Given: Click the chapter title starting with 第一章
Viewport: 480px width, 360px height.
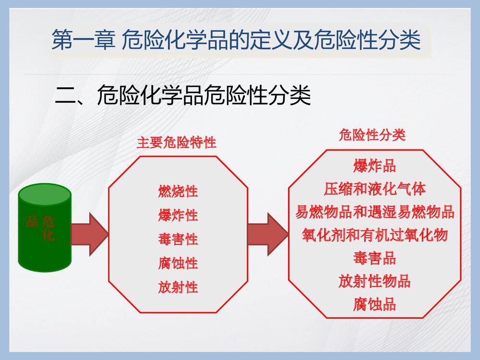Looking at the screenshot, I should tap(236, 40).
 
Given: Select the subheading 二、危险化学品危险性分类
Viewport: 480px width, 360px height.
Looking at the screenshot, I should tap(183, 95).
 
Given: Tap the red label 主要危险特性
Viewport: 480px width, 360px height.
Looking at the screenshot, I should tap(177, 143).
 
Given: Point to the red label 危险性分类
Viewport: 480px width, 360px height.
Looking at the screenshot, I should tap(372, 135).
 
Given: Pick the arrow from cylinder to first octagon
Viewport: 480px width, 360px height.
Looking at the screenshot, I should tap(90, 234).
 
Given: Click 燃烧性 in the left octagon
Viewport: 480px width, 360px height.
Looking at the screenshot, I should tap(178, 192).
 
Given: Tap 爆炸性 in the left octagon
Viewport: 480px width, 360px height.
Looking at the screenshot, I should tap(178, 215).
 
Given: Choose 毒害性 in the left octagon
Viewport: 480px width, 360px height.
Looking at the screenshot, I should tap(178, 239).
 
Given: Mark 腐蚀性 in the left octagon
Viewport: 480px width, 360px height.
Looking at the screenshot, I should tap(178, 263).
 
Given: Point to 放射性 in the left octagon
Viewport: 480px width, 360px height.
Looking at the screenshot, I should tap(178, 287).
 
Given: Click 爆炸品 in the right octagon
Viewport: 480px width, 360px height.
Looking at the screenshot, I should tap(374, 166).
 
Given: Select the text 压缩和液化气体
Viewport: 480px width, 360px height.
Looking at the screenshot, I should tap(374, 189).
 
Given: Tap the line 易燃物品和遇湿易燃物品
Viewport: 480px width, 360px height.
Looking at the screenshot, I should tap(374, 212).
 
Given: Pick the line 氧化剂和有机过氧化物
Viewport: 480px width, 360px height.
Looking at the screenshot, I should tap(374, 235).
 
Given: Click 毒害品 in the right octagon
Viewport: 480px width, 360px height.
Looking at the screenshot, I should tap(374, 258).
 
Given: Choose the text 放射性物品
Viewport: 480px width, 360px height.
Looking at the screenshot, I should tap(374, 281).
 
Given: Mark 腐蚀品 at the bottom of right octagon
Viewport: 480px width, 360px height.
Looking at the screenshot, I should tap(374, 304).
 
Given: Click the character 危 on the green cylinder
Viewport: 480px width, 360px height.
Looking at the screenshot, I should tap(48, 221).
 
